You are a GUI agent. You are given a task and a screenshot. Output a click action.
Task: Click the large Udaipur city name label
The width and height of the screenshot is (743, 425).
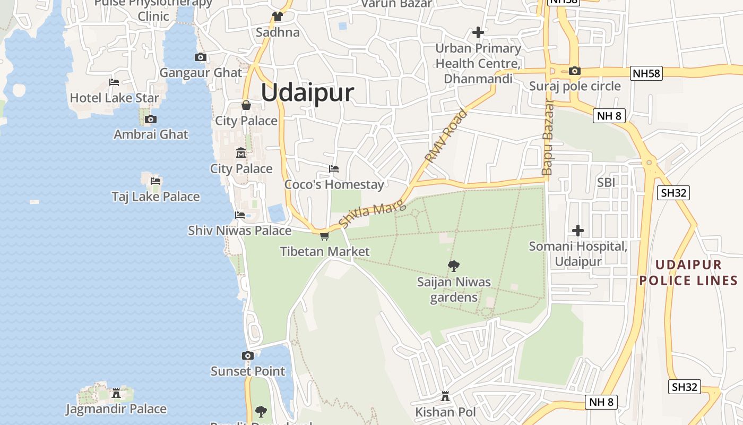[x=307, y=93]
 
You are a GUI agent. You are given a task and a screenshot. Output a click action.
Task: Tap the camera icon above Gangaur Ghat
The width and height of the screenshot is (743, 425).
[x=200, y=57]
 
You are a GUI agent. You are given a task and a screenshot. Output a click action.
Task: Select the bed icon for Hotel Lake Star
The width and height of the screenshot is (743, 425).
[x=114, y=82]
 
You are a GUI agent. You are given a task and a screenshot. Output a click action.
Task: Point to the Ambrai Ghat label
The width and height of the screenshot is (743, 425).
[x=151, y=134]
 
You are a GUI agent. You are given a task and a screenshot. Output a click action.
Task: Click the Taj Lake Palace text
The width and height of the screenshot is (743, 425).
[x=155, y=197]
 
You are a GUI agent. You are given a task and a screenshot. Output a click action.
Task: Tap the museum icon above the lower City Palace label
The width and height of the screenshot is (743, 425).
[x=241, y=153]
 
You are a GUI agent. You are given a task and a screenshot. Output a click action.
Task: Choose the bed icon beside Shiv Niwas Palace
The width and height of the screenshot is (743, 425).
[x=240, y=215]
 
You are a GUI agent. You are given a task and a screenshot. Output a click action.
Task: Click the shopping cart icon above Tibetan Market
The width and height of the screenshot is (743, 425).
[x=324, y=236]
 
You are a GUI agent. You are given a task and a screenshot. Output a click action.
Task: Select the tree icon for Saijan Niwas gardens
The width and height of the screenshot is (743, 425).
[x=453, y=266]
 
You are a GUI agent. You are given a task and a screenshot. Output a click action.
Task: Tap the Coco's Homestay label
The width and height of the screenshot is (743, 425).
[x=334, y=185]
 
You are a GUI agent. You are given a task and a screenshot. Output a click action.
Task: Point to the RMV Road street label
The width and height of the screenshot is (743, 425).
[x=446, y=136]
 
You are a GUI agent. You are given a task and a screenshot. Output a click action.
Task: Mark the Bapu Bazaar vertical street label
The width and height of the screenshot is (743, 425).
[x=547, y=137]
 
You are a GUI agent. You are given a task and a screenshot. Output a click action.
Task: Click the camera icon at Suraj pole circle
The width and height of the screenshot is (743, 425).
[x=574, y=71]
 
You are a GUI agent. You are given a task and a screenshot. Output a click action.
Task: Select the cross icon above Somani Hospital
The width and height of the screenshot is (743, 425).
[x=578, y=231]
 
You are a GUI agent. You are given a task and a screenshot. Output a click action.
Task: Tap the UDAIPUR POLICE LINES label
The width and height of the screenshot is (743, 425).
[x=688, y=273]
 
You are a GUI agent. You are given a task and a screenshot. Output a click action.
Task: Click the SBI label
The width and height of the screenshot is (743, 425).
[x=606, y=182]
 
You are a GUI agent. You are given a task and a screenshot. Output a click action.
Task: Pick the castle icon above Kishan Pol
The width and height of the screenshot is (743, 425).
[x=445, y=397]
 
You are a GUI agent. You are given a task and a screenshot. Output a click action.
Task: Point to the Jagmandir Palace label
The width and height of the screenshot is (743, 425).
[x=116, y=409]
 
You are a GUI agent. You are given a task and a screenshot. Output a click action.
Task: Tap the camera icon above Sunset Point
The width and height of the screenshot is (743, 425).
[x=248, y=355]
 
